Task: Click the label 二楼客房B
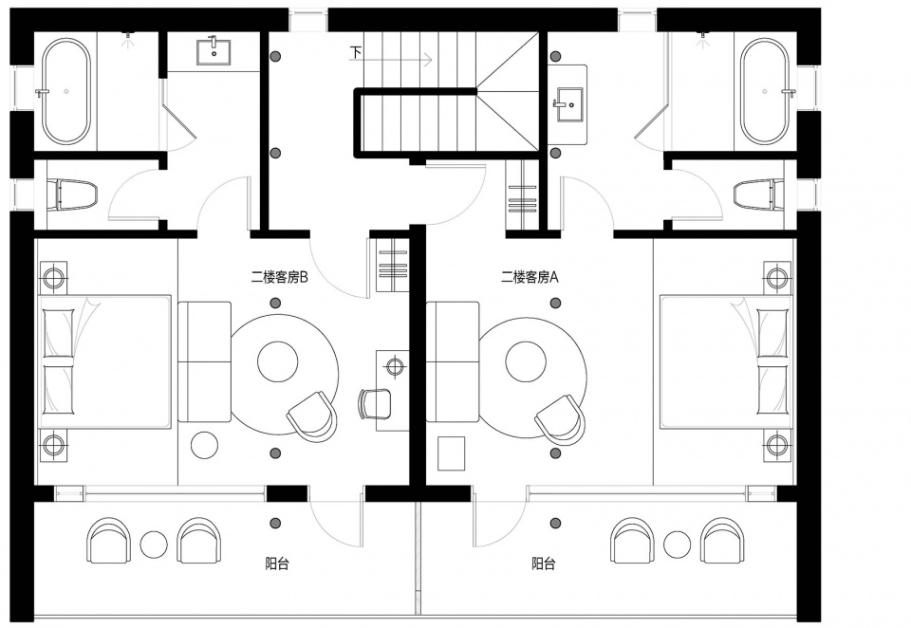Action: (x=279, y=278)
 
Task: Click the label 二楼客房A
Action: (x=530, y=278)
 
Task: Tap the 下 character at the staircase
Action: (x=356, y=52)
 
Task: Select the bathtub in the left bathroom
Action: (x=66, y=91)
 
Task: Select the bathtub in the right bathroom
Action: (x=765, y=91)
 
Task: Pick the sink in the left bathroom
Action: (x=214, y=52)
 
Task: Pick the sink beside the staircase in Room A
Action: (x=569, y=104)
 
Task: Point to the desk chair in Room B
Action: (x=374, y=403)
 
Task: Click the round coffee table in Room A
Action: (x=526, y=360)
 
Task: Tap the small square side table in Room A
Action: (x=451, y=453)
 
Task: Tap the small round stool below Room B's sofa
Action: (x=205, y=445)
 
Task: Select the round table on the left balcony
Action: (x=154, y=545)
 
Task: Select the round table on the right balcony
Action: (x=678, y=545)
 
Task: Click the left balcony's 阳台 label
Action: (x=277, y=563)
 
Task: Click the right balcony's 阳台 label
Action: (x=543, y=563)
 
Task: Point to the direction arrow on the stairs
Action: (x=399, y=59)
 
